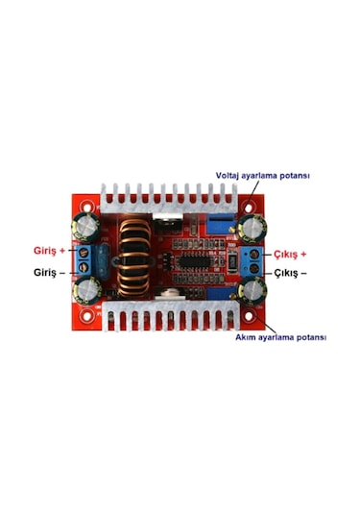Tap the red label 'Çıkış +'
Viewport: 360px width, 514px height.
[290, 255]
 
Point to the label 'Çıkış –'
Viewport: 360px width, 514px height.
[291, 273]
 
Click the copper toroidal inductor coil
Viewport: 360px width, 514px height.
[134, 259]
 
